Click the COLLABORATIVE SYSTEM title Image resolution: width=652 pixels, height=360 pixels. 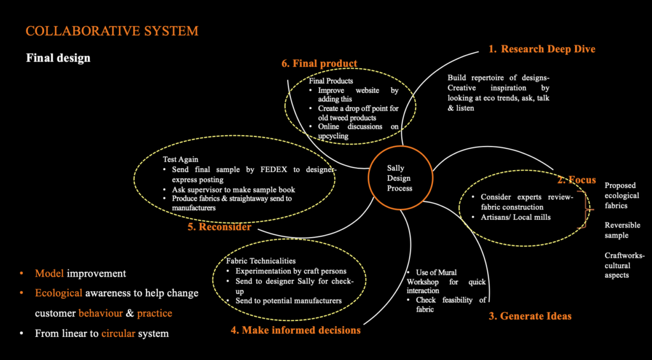click(111, 31)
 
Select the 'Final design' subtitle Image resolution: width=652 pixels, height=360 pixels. click(58, 58)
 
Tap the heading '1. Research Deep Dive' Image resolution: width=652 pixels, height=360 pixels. click(542, 49)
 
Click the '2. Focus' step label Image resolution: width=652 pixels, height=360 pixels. click(576, 180)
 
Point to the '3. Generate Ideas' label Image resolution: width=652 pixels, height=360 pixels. click(530, 316)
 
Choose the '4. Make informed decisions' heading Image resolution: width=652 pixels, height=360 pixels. click(295, 330)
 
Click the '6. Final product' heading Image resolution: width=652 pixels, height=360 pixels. click(319, 64)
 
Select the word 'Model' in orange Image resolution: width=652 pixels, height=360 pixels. click(48, 273)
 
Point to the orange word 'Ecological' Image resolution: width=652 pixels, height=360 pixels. click(59, 293)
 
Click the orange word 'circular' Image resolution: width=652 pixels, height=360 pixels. click(120, 333)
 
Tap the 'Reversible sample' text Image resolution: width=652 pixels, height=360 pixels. click(622, 230)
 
